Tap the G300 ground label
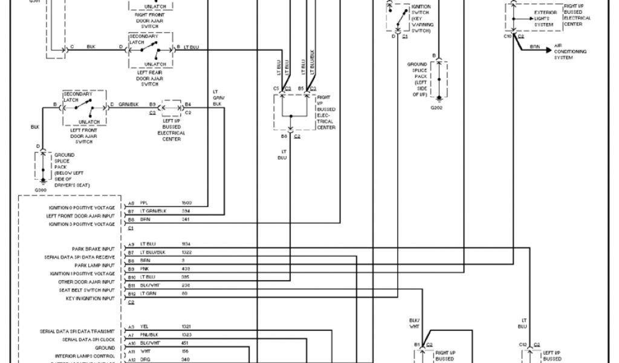tap(41, 190)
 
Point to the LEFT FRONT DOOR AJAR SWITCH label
tap(84, 136)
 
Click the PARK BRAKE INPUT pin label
tap(93, 249)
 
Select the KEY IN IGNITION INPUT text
tap(90, 298)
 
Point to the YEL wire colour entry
tap(144, 327)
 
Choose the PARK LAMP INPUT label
tap(94, 265)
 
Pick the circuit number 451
tap(185, 343)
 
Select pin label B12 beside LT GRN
tap(131, 293)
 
